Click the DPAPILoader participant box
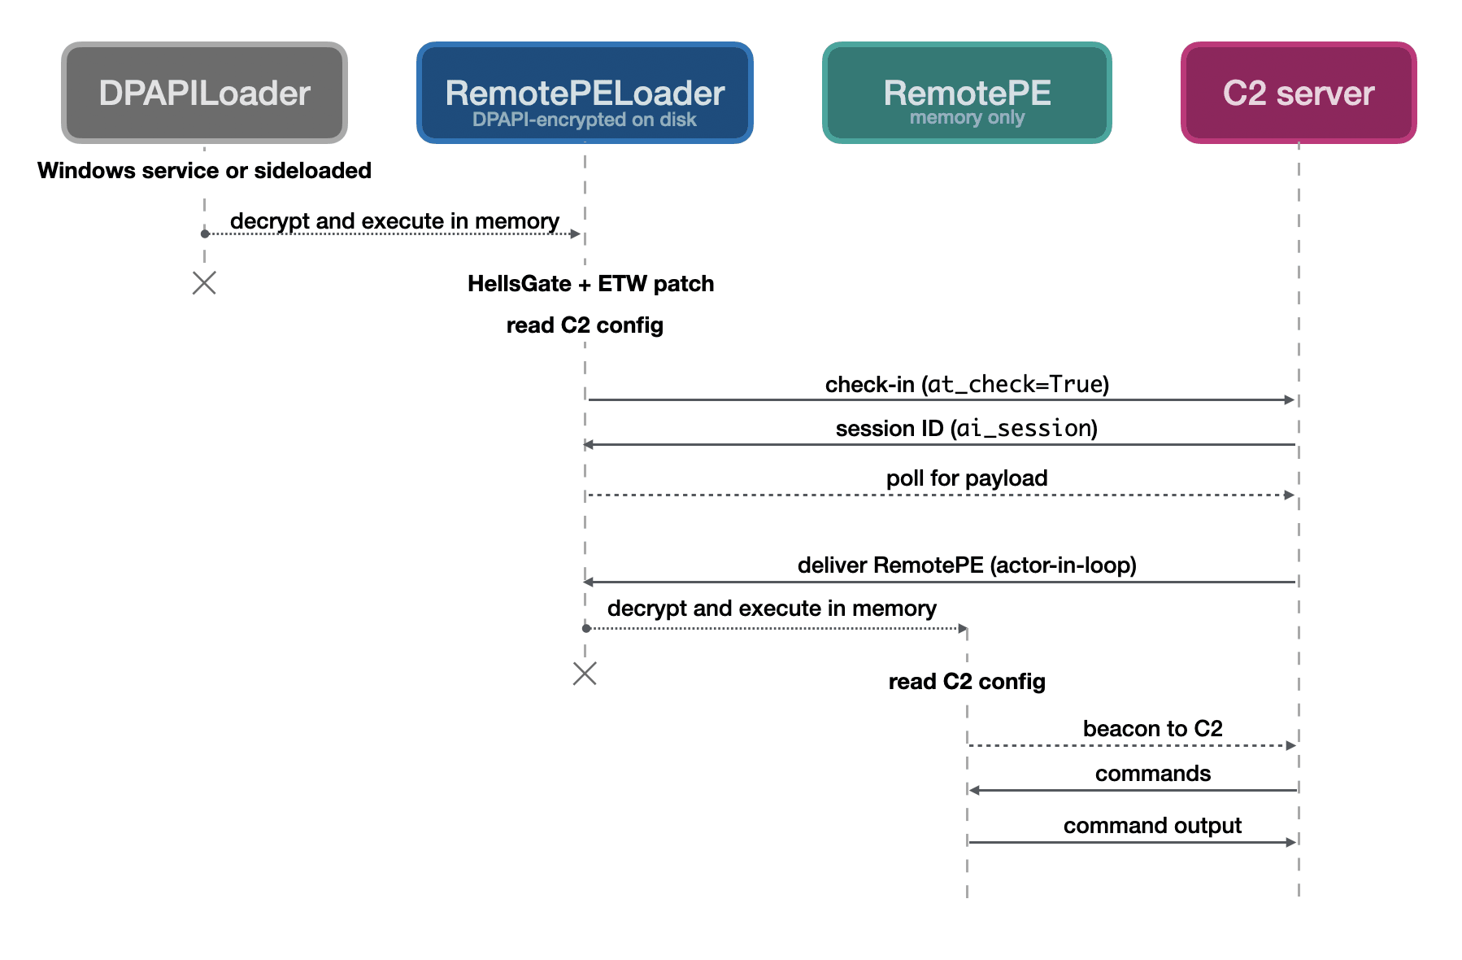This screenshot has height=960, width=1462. pos(204,93)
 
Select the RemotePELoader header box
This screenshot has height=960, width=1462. pos(585,93)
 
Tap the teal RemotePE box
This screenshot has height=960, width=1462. pos(967,93)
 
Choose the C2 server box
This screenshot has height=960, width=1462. pos(1299,93)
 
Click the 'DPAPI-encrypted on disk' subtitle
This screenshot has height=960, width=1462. pos(585,120)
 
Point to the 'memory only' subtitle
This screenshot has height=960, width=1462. pos(967,118)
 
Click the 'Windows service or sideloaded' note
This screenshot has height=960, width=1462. pos(204,171)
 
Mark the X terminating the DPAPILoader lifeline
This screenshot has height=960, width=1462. pos(204,283)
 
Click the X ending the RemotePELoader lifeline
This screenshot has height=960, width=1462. pos(585,674)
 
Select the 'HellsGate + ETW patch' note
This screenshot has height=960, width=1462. pos(591,284)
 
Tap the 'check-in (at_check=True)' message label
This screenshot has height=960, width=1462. pos(968,384)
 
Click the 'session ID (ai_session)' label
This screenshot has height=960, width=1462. pos(967,429)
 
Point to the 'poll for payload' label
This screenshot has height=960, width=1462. pos(967,478)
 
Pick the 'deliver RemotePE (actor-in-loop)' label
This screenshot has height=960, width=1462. pos(967,565)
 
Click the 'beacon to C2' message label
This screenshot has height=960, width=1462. pos(1153,729)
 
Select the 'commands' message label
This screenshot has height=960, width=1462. pos(1153,774)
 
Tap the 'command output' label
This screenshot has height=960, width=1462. pos(1153,826)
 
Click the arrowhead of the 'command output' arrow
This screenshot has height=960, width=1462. pos(1291,842)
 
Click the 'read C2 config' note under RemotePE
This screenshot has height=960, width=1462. pos(967,682)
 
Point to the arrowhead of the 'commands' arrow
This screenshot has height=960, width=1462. pos(974,790)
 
